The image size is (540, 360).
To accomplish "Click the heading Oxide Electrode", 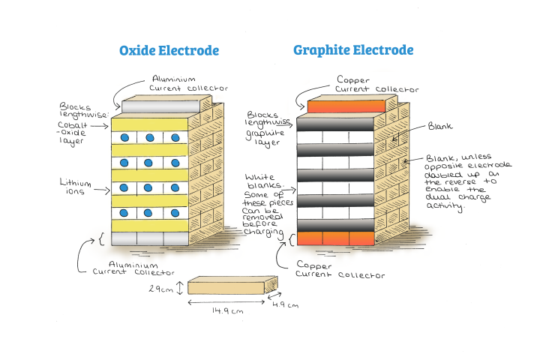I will (169, 50).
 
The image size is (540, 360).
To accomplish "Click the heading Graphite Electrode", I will (353, 50).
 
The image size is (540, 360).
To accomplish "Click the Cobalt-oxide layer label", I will (76, 132).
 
